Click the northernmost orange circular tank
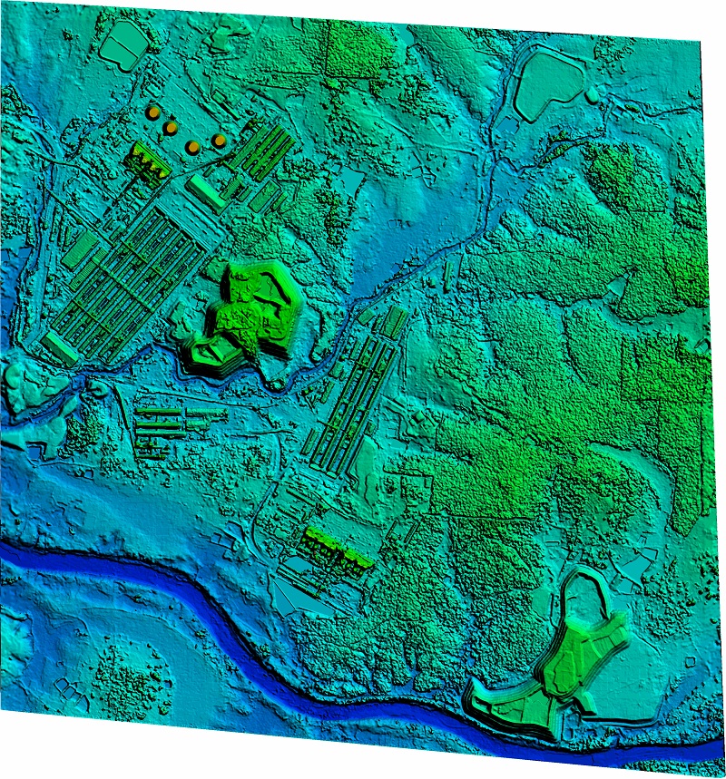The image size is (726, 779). tap(153, 111)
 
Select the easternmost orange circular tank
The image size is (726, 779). tap(220, 141)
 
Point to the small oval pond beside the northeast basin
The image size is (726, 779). tap(592, 94)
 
